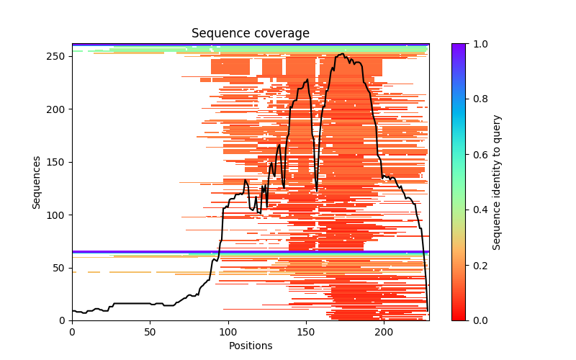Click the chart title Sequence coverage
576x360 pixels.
[x=250, y=34]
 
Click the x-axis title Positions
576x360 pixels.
[x=250, y=346]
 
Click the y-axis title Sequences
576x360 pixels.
[x=36, y=182]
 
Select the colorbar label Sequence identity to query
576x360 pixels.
[x=497, y=182]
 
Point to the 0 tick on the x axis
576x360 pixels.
[x=72, y=332]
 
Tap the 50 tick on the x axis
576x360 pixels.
[x=150, y=332]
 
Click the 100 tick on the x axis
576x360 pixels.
[x=228, y=332]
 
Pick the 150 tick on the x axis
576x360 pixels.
[x=306, y=332]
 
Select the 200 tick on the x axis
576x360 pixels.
[x=384, y=332]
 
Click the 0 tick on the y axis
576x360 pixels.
[x=61, y=320]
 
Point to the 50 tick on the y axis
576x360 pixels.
[x=59, y=268]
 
